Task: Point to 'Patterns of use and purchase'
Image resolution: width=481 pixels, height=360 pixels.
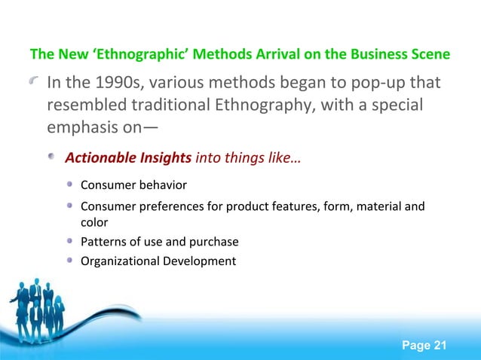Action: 159,242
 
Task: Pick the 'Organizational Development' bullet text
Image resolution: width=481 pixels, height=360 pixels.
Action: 158,261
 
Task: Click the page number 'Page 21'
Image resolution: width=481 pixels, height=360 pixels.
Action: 424,345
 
